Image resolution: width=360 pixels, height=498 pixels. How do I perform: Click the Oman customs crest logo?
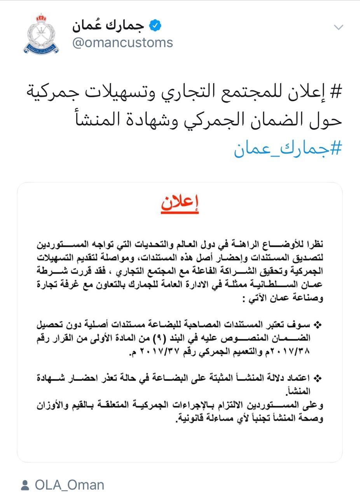(x=41, y=34)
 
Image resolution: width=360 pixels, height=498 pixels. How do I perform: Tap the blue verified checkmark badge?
(x=156, y=26)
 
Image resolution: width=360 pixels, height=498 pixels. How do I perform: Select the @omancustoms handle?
(x=122, y=42)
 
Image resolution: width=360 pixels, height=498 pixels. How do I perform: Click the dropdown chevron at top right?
(x=339, y=27)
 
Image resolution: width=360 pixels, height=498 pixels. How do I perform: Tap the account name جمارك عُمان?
(x=108, y=26)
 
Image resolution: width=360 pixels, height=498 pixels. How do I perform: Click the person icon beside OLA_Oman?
(x=25, y=485)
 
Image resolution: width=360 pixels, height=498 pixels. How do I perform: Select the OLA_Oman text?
(x=70, y=485)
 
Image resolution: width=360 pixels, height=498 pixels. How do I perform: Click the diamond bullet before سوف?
(x=318, y=324)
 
